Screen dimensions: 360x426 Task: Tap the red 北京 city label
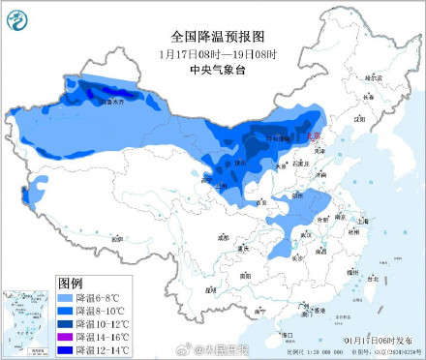coord(312,137)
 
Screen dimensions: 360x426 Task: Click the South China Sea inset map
coord(27,317)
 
